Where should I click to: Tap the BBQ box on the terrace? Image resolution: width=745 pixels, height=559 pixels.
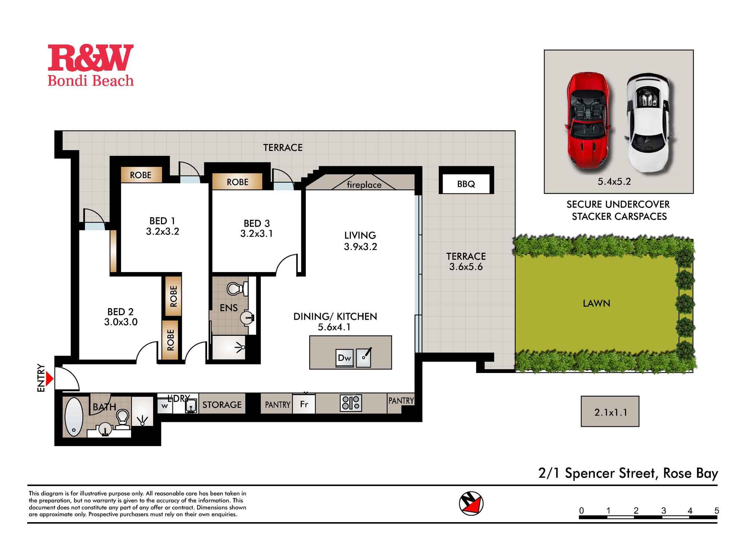(466, 184)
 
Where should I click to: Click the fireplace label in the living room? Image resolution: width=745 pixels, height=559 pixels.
(364, 185)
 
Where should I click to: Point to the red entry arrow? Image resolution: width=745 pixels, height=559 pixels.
(50, 379)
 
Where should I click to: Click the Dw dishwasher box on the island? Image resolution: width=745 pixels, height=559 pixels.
(344, 358)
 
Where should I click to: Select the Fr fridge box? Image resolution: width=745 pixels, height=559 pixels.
(304, 404)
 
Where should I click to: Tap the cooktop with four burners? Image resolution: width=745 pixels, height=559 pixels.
(351, 403)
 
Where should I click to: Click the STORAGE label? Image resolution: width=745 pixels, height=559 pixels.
(222, 405)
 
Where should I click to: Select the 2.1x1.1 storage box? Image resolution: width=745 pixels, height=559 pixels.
(610, 412)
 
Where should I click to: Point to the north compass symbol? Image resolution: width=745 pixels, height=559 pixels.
(471, 503)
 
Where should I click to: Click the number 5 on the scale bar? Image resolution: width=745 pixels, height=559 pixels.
(716, 511)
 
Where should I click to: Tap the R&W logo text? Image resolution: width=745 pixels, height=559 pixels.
(91, 58)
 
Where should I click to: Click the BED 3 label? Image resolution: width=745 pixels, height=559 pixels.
(257, 224)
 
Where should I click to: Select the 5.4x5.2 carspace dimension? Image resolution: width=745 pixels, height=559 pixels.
(614, 182)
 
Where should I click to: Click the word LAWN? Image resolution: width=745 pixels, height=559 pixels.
(596, 303)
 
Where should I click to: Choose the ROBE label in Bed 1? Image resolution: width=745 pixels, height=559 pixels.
(141, 175)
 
